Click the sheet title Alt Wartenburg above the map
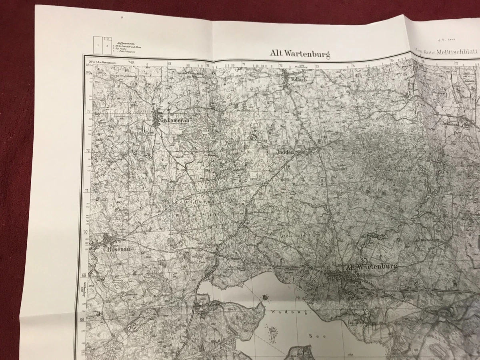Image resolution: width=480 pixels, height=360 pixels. [x=300, y=53]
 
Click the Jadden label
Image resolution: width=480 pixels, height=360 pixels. [x=285, y=152]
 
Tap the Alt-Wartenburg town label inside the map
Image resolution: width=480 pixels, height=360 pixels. [x=372, y=267]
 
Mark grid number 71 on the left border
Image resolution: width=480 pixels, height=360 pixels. [x=86, y=190]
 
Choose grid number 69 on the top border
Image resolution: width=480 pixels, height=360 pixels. [x=169, y=63]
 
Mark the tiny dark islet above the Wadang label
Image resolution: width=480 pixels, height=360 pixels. [x=265, y=297]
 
